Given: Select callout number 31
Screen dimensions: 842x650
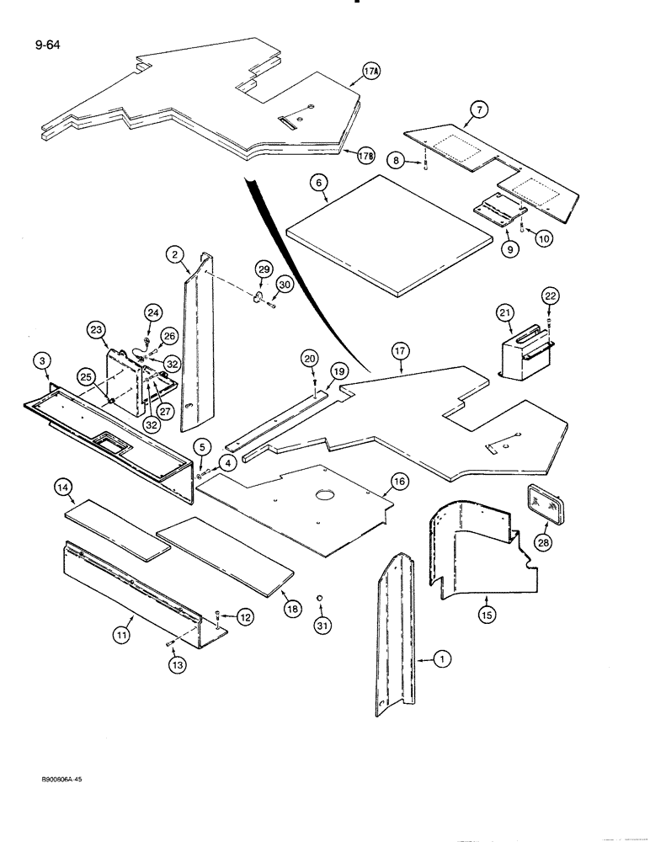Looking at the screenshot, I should (x=321, y=626).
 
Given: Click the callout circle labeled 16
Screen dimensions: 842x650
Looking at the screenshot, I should (x=398, y=482).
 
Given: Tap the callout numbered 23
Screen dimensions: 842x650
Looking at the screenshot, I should (x=95, y=330).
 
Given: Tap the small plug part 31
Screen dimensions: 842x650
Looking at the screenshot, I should (x=320, y=600).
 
